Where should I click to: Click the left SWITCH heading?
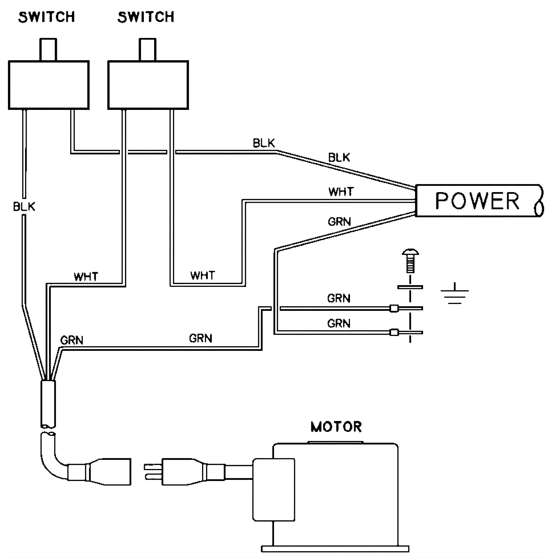click(x=47, y=17)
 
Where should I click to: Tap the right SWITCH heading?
click(x=146, y=17)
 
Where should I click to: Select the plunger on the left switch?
click(x=48, y=50)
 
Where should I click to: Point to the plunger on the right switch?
click(x=148, y=50)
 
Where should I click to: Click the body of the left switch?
click(x=49, y=85)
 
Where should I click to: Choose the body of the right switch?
click(x=148, y=85)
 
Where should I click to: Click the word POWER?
click(x=477, y=201)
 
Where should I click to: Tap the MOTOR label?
click(x=336, y=427)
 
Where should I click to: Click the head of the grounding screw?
click(x=410, y=254)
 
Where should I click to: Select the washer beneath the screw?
click(x=410, y=287)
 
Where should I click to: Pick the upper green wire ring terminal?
click(x=395, y=308)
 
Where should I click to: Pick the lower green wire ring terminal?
click(x=395, y=332)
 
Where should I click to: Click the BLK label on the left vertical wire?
click(x=24, y=207)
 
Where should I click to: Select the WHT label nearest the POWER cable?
click(x=341, y=192)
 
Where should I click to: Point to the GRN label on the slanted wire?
click(x=339, y=222)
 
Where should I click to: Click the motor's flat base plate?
click(x=335, y=549)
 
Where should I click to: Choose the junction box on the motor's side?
click(x=274, y=490)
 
